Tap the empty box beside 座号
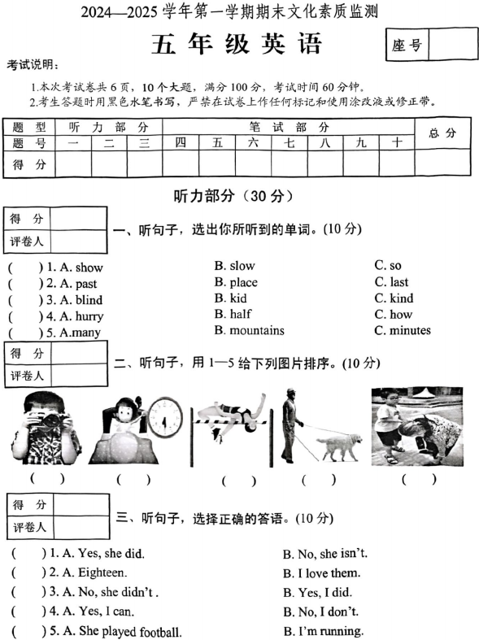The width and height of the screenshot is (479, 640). pyautogui.click(x=451, y=46)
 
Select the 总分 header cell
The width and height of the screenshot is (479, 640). pyautogui.click(x=442, y=133)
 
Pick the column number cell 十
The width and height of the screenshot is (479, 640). pyautogui.click(x=396, y=141)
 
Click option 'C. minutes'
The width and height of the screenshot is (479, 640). pyautogui.click(x=403, y=330)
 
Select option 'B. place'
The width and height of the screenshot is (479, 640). pyautogui.click(x=236, y=282)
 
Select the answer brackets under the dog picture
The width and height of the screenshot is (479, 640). pyautogui.click(x=317, y=480)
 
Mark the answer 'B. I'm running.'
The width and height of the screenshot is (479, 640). pyautogui.click(x=323, y=631)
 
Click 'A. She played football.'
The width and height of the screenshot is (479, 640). pyautogui.click(x=119, y=632)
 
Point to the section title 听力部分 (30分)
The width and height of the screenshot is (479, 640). pyautogui.click(x=233, y=196)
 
